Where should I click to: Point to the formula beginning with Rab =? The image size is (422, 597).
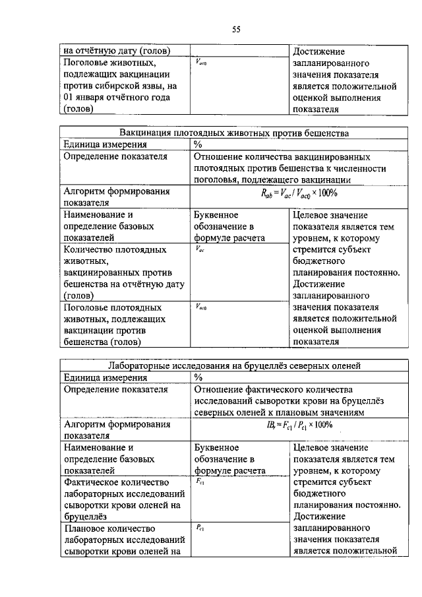click(299, 193)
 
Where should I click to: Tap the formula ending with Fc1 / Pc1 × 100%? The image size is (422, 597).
click(300, 425)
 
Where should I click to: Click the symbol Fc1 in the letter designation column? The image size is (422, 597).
click(200, 482)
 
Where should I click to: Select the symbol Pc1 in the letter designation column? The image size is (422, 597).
click(200, 526)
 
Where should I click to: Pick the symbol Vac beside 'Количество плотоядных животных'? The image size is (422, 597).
click(200, 249)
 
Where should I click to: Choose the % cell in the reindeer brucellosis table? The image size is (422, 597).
click(198, 377)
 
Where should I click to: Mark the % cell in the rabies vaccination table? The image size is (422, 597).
click(198, 144)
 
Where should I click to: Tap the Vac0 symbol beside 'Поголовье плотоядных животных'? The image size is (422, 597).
click(202, 307)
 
